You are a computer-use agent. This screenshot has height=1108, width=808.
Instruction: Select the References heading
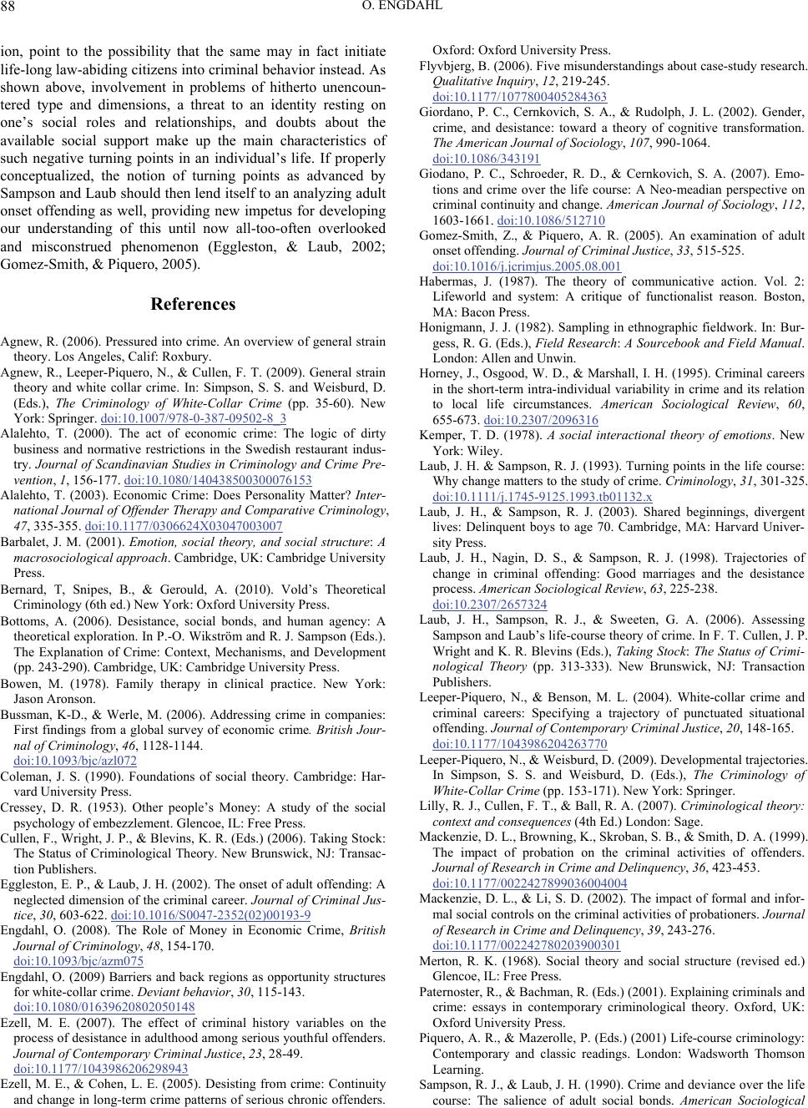(193, 305)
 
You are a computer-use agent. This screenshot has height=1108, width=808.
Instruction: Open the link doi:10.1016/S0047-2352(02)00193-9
(210, 915)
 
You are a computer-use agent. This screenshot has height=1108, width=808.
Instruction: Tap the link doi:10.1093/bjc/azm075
(79, 961)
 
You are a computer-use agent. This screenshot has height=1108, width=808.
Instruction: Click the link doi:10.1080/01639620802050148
(104, 1007)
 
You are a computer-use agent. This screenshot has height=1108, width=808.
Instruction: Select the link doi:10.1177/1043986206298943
(101, 1069)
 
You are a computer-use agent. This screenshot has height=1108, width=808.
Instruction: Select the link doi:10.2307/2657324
(490, 605)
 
